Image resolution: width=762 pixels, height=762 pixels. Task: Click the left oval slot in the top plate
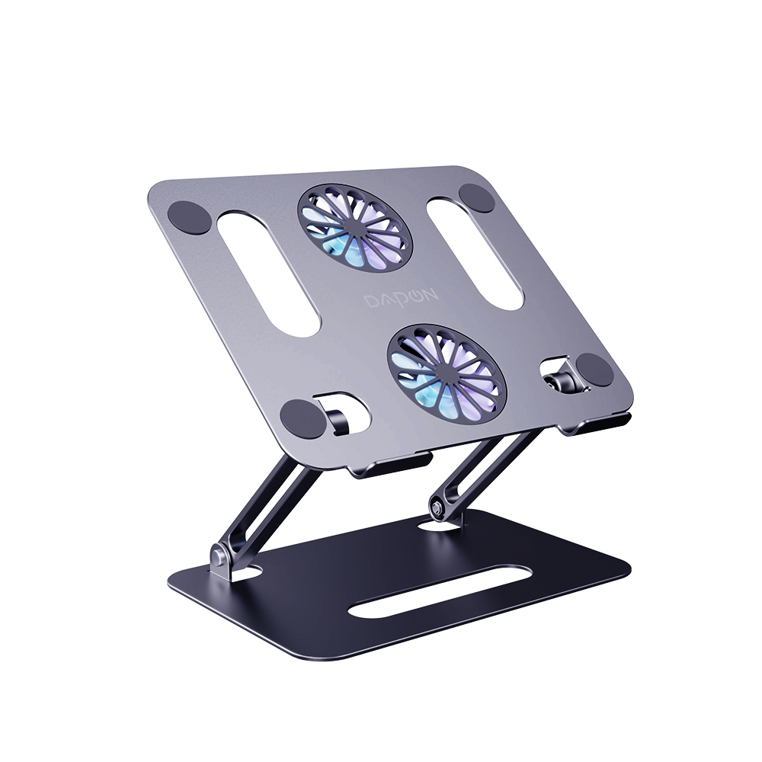tap(267, 277)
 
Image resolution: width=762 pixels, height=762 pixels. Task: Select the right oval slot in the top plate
tap(475, 253)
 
